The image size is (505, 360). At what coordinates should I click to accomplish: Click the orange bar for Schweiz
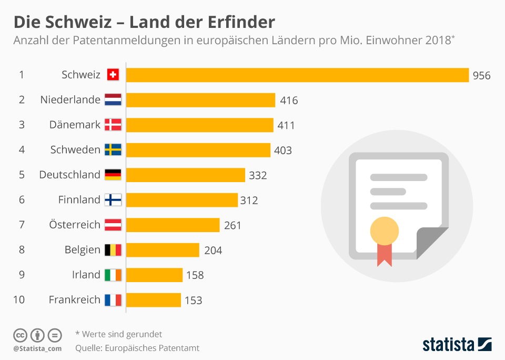pyautogui.click(x=297, y=75)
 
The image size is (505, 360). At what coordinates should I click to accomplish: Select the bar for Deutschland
pyautogui.click(x=186, y=175)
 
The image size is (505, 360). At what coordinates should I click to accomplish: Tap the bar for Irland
pyautogui.click(x=154, y=275)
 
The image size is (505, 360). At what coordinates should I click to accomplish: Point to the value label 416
pyautogui.click(x=289, y=101)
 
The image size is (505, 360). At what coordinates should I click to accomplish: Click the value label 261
pyautogui.click(x=233, y=225)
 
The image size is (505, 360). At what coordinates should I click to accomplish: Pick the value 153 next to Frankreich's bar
pyautogui.click(x=193, y=301)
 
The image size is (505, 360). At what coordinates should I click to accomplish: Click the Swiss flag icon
pyautogui.click(x=113, y=75)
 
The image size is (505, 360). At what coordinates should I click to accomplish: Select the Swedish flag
pyautogui.click(x=113, y=150)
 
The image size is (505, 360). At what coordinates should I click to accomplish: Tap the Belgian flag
pyautogui.click(x=113, y=250)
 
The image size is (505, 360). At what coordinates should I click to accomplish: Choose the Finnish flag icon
pyautogui.click(x=113, y=200)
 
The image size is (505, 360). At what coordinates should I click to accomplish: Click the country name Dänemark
pyautogui.click(x=75, y=125)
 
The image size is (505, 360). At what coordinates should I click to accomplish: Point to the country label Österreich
pyautogui.click(x=75, y=224)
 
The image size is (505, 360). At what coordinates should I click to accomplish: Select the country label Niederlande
pyautogui.click(x=70, y=100)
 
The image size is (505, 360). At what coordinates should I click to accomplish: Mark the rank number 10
pyautogui.click(x=19, y=299)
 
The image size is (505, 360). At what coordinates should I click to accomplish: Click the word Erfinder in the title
pyautogui.click(x=241, y=22)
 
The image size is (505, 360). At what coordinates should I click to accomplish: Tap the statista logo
pyautogui.click(x=457, y=345)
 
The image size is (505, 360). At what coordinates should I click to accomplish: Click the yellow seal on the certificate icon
pyautogui.click(x=385, y=231)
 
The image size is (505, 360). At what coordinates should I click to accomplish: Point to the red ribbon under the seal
pyautogui.click(x=385, y=255)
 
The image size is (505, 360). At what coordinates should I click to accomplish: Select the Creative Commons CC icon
pyautogui.click(x=20, y=335)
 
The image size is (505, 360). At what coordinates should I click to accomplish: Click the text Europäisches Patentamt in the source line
pyautogui.click(x=152, y=348)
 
